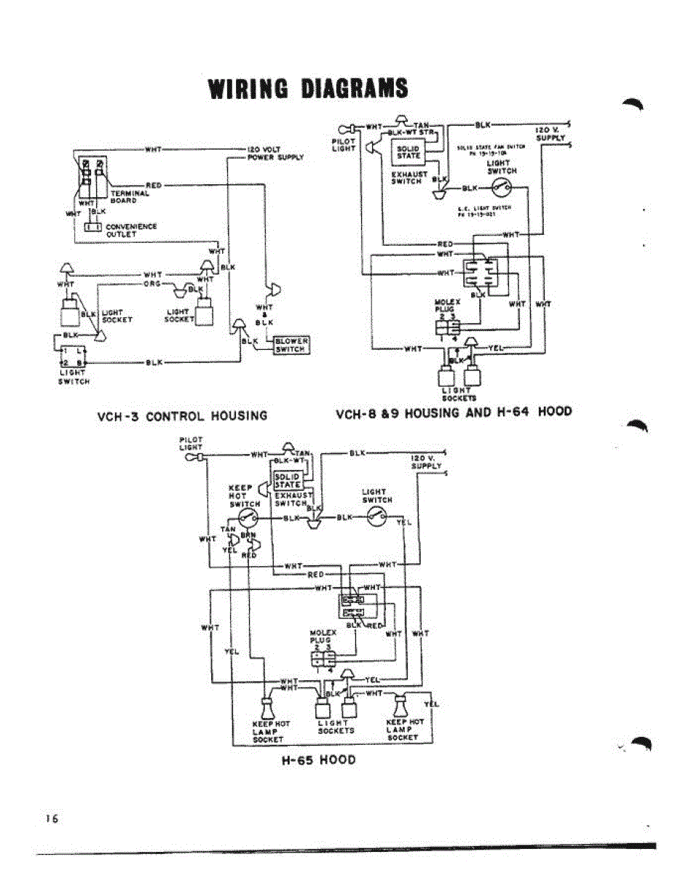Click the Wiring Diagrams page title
308,88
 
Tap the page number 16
51,818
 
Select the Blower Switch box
291,345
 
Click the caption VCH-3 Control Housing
182,416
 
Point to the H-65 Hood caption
318,760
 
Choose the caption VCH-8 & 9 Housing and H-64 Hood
453,412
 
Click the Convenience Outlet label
131,230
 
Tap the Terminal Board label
130,197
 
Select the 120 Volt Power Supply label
275,153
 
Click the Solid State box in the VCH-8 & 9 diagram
408,151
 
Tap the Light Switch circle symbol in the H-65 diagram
377,517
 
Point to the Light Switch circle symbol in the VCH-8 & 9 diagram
502,188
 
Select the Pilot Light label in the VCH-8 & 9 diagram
344,145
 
